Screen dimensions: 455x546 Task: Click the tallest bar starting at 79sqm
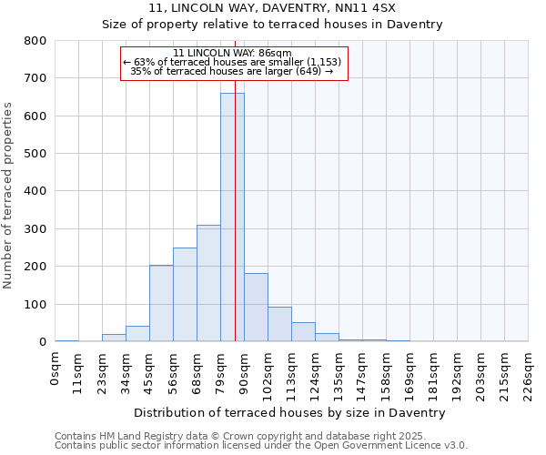[232, 218]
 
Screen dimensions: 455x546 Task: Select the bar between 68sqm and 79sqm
[208, 283]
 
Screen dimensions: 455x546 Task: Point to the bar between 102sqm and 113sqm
[279, 324]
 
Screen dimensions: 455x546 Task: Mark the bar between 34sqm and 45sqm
[137, 334]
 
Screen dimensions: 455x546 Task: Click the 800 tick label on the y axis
[35, 41]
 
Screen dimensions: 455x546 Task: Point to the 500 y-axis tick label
[35, 154]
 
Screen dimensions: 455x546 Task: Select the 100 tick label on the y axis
[35, 305]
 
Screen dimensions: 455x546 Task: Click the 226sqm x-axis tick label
[529, 372]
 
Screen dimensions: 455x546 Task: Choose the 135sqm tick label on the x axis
[339, 372]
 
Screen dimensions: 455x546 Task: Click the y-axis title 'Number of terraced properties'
[9, 195]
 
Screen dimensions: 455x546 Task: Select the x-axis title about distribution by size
[289, 412]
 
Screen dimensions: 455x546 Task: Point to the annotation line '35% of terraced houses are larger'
[232, 71]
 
